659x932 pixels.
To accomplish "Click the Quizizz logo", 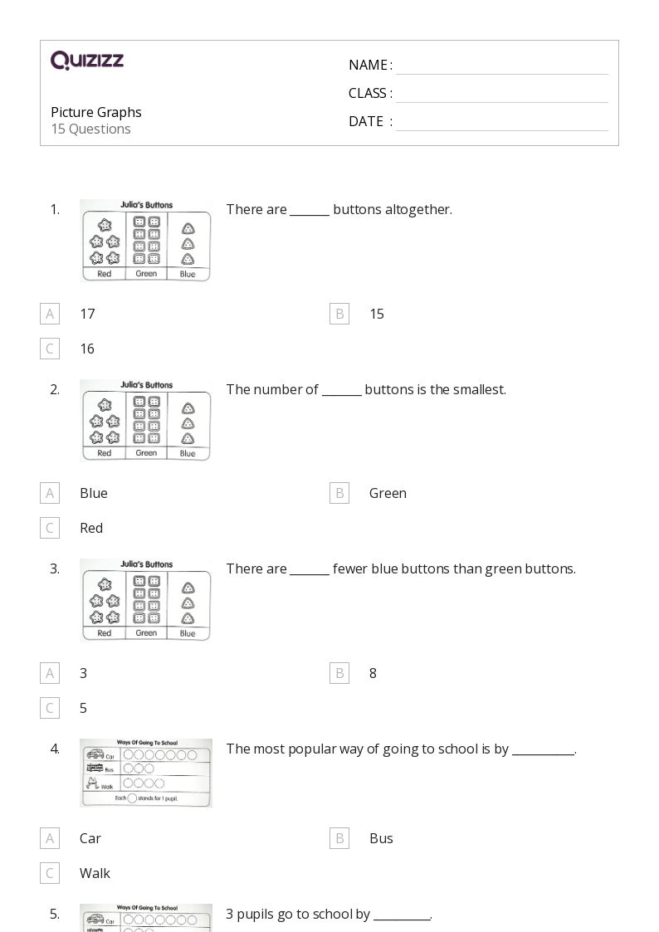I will click(x=87, y=61).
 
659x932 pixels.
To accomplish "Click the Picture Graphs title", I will click(x=96, y=112).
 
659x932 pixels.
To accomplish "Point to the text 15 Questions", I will click(x=90, y=129).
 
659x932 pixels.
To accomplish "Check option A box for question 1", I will click(x=50, y=314).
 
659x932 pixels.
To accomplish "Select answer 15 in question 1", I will click(x=376, y=314).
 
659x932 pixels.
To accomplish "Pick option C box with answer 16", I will click(x=50, y=349).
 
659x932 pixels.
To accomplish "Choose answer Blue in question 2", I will click(x=94, y=493).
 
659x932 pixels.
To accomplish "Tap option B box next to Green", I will click(x=339, y=493).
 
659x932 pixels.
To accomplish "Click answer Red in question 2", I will click(x=91, y=528).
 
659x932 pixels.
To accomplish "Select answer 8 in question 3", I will click(x=373, y=673).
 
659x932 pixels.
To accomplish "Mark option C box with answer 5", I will click(x=50, y=708).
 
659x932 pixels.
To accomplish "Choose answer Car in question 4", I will click(x=90, y=838).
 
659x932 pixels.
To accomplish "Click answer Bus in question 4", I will click(x=381, y=838).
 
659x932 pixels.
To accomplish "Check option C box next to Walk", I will click(x=50, y=873).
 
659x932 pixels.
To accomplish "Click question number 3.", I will click(x=55, y=568).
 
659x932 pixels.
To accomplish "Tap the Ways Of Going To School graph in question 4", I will click(x=146, y=773).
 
